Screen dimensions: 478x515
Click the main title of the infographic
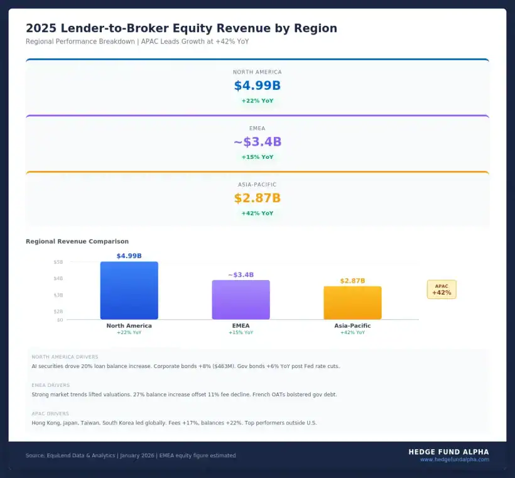coord(181,28)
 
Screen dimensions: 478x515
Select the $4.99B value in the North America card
coord(257,85)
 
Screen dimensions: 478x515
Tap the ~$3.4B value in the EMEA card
coord(257,142)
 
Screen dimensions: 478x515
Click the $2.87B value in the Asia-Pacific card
coord(257,198)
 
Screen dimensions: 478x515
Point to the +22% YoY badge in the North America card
coord(257,100)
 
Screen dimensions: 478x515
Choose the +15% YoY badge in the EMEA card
coord(257,157)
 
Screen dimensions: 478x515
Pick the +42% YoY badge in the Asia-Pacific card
coord(257,214)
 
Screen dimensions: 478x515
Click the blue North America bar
coord(129,291)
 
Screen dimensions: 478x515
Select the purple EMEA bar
coord(241,300)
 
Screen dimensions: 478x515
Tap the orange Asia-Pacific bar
coord(352,303)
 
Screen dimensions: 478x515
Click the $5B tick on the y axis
coord(58,262)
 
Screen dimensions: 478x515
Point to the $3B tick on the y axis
coord(58,295)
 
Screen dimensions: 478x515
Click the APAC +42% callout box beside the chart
coord(442,290)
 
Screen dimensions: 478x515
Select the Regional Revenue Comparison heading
coord(77,241)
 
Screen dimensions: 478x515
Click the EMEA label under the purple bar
coord(241,326)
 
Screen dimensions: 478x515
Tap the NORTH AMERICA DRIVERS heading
coord(65,357)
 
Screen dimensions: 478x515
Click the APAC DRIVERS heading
coord(50,414)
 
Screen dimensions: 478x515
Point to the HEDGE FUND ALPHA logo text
coord(448,452)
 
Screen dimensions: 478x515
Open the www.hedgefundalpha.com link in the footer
coord(454,460)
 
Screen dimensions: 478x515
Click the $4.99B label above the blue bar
coord(129,256)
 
